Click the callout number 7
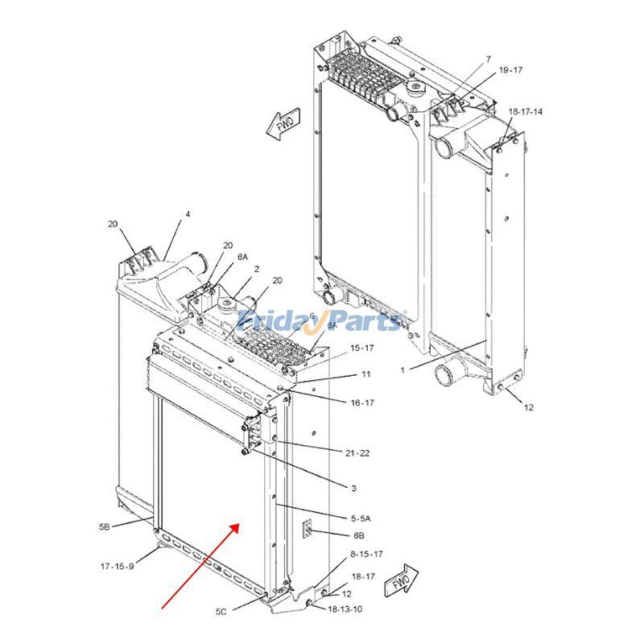(488, 60)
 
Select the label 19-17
(510, 70)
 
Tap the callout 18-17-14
(525, 111)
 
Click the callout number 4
(188, 214)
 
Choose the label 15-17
(361, 348)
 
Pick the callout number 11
(365, 374)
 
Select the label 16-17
(363, 402)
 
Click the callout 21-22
(357, 453)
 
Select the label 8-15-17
(366, 555)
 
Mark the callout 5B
(105, 526)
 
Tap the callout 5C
(221, 612)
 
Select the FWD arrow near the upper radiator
(282, 125)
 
